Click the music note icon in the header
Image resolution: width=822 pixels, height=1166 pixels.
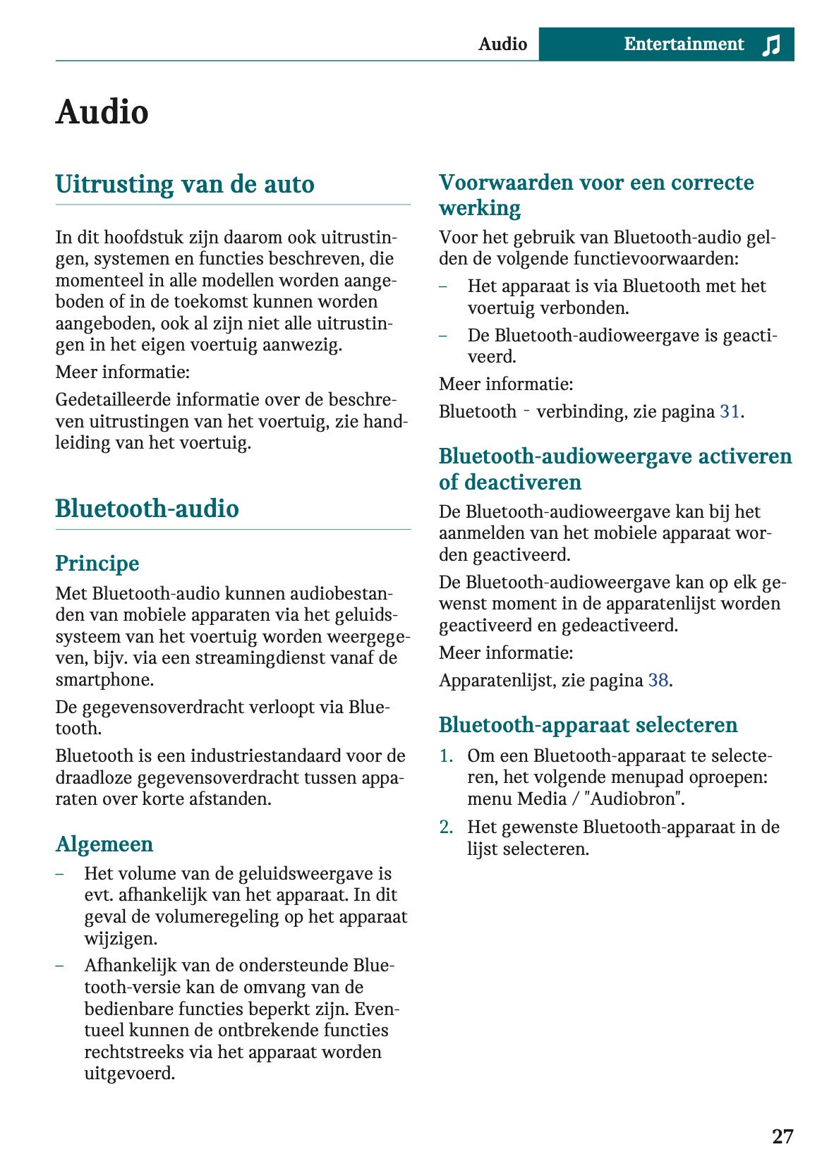[771, 44]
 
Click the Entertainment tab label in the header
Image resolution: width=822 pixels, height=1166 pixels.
[683, 44]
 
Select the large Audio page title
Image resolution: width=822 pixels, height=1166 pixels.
[102, 112]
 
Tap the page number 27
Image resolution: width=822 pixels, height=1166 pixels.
[782, 1136]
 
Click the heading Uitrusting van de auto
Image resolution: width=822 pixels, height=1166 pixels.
[185, 184]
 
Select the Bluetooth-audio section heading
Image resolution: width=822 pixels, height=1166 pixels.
[147, 509]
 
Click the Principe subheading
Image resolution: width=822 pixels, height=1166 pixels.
[97, 564]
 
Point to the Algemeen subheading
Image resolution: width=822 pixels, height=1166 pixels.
[104, 844]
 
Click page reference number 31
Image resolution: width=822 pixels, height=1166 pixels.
[729, 411]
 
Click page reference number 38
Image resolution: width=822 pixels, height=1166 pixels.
[658, 680]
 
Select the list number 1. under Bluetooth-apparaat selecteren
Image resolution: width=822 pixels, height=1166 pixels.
[446, 755]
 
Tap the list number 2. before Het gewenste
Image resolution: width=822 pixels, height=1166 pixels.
[446, 827]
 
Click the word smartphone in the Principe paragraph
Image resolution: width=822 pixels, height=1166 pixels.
[104, 680]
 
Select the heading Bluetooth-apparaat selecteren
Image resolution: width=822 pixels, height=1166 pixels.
[588, 725]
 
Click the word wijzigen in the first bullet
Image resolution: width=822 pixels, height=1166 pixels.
[121, 938]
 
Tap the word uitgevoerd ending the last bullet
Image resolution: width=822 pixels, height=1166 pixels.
[129, 1074]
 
